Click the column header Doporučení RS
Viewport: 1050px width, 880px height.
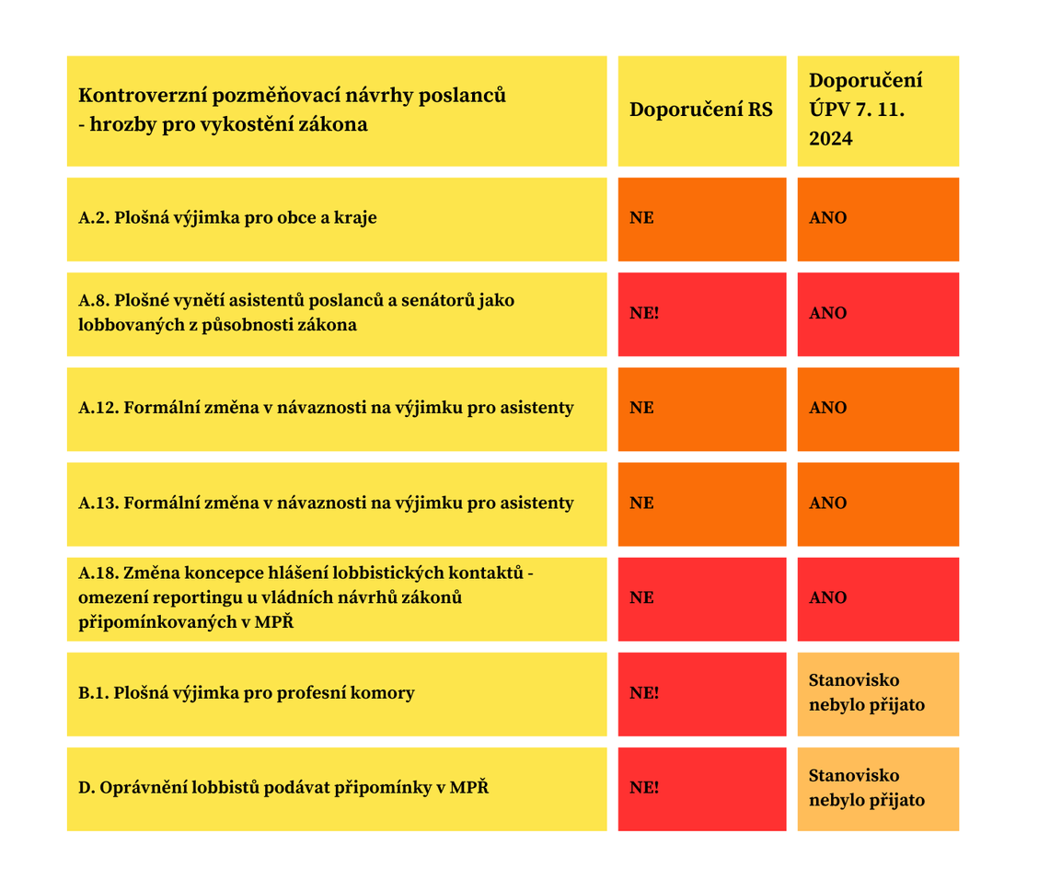tap(701, 110)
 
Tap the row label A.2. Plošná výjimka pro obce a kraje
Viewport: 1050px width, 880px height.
tap(227, 218)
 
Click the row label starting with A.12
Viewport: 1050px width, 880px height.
tap(326, 408)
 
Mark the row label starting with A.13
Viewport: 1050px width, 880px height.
tap(326, 503)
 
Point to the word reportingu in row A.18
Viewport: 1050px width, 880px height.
tap(182, 597)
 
